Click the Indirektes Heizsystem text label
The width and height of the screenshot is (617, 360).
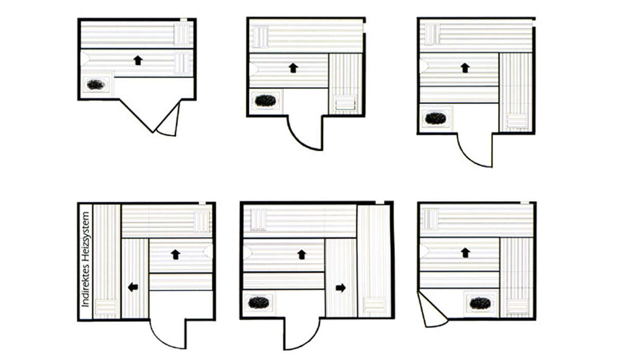(86, 259)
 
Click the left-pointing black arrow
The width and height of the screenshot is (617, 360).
(133, 287)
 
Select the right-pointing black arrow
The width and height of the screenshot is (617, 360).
(341, 288)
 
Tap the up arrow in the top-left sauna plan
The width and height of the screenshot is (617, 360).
(138, 60)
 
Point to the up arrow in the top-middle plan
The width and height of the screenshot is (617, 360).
(294, 68)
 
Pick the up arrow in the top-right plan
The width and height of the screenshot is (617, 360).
(465, 68)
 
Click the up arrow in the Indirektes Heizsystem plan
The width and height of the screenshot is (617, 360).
(175, 255)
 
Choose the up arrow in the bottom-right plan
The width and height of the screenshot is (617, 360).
(465, 253)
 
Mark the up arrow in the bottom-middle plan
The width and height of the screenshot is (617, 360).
(302, 255)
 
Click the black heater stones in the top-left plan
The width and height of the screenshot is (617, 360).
(96, 84)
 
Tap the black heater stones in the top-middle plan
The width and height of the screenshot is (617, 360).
(265, 100)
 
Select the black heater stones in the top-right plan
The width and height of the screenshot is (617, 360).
(435, 118)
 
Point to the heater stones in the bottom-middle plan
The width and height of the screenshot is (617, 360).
(259, 302)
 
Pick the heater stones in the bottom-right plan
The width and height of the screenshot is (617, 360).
(480, 303)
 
